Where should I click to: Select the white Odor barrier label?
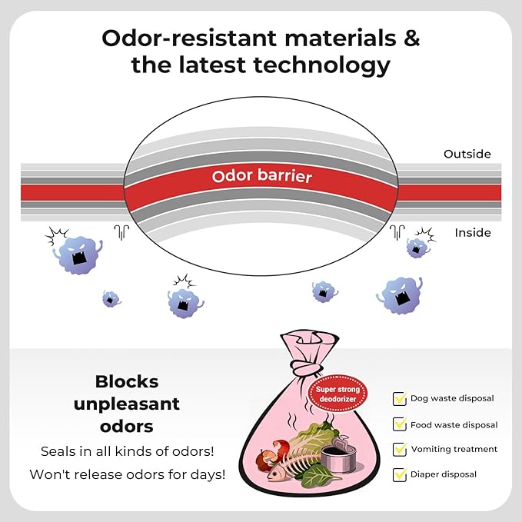click(262, 177)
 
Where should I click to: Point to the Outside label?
click(467, 155)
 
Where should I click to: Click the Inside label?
click(472, 232)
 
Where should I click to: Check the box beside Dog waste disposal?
click(400, 399)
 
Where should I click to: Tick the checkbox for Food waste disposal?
click(400, 424)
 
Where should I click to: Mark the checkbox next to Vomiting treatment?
click(400, 450)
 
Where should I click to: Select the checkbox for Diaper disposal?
click(400, 475)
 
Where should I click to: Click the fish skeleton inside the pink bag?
click(294, 470)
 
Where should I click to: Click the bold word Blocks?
click(127, 381)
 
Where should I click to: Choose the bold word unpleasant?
click(127, 404)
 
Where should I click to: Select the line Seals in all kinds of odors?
click(128, 450)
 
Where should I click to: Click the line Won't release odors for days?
click(128, 474)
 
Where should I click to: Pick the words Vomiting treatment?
click(454, 449)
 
